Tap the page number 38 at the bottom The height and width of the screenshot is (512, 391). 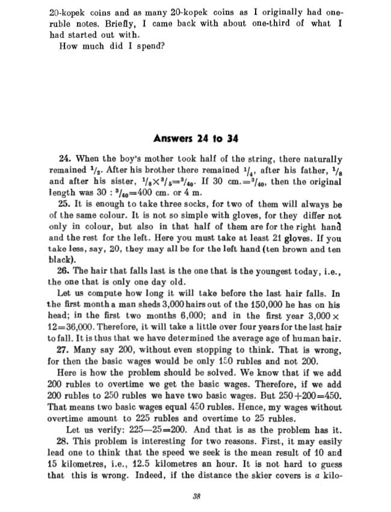pos(196,496)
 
